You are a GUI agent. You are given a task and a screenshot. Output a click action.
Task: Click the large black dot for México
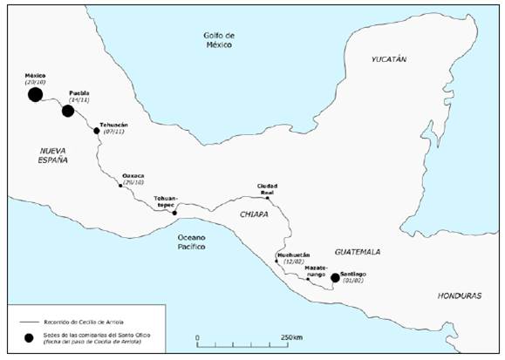pos(35,94)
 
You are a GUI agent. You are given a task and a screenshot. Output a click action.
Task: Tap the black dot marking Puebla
pos(68,111)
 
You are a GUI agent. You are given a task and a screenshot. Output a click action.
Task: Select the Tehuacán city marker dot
pos(97,131)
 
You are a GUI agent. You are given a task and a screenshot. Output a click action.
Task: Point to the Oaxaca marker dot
pos(120,185)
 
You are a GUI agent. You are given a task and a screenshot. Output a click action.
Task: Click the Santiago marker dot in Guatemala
pos(335,278)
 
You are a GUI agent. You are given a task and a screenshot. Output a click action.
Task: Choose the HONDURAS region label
pos(457,295)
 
